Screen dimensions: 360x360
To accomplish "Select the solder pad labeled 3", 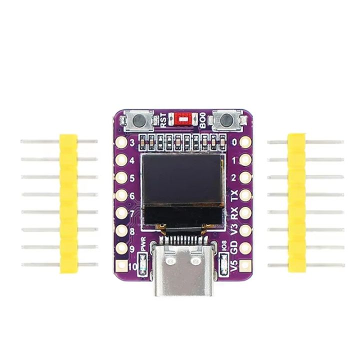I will tap(121, 142).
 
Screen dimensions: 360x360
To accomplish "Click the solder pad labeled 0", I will tap(245, 142).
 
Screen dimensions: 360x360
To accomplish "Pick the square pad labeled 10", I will tap(121, 266).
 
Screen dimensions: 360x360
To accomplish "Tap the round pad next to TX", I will tap(245, 195).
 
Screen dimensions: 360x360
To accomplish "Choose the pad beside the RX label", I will tap(245, 213).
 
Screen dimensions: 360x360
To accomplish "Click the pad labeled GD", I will tap(245, 248).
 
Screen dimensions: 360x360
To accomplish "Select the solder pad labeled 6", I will tap(121, 195).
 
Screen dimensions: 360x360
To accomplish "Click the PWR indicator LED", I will tap(143, 262).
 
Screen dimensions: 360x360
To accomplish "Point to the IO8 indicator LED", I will tap(223, 262).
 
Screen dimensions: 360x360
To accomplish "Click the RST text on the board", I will tap(163, 120).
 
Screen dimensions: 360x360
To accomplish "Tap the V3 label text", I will tap(234, 230).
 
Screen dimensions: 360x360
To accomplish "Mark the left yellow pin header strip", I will tap(69, 203).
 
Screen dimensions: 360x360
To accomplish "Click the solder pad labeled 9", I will tap(121, 248).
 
